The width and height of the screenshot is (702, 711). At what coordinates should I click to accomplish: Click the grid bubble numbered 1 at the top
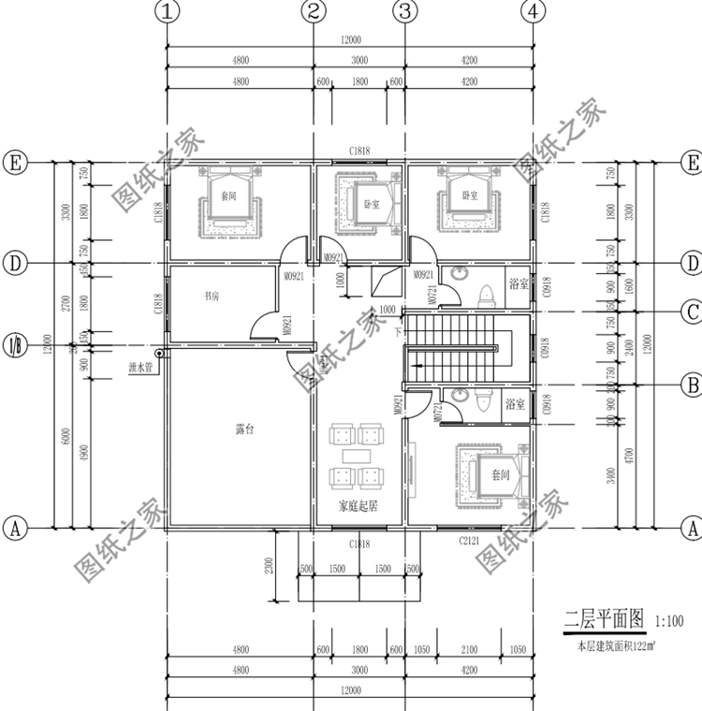point(167,12)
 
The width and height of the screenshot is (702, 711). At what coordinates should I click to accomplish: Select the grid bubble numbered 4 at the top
point(532,12)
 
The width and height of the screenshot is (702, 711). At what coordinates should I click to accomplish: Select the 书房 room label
point(213,297)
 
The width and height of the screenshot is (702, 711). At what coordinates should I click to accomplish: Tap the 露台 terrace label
point(245,429)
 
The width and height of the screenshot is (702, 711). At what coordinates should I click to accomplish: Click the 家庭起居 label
point(358,506)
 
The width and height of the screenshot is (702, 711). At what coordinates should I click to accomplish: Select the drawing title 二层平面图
point(604,617)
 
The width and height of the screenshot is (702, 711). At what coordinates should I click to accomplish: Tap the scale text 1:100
point(669,619)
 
